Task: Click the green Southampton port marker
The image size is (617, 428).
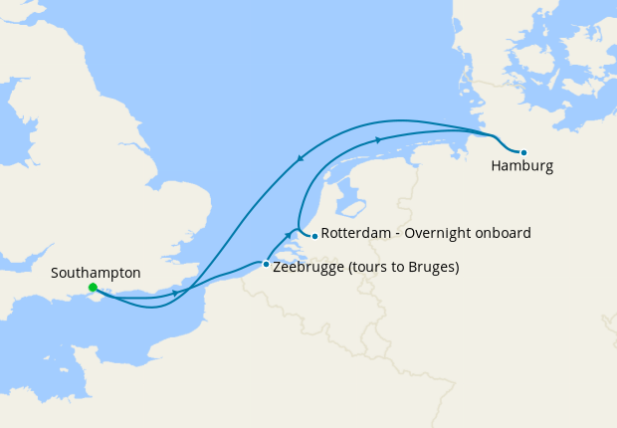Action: (93, 288)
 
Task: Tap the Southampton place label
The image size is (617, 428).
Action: (96, 272)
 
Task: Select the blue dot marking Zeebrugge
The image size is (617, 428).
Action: (265, 264)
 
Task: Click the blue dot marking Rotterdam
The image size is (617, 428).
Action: (314, 236)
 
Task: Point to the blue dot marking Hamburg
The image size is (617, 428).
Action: (523, 152)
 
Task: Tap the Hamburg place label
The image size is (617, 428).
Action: (521, 166)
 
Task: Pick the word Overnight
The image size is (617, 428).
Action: (442, 233)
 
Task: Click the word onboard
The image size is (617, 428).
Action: (504, 233)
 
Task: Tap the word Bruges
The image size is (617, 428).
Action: (430, 268)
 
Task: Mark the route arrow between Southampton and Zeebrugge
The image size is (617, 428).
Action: (175, 293)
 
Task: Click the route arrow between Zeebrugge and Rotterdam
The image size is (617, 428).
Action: (289, 235)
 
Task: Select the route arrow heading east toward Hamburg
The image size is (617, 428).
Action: (378, 140)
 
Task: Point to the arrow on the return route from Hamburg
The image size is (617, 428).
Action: (301, 157)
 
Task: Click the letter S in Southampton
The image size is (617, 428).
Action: (54, 272)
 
